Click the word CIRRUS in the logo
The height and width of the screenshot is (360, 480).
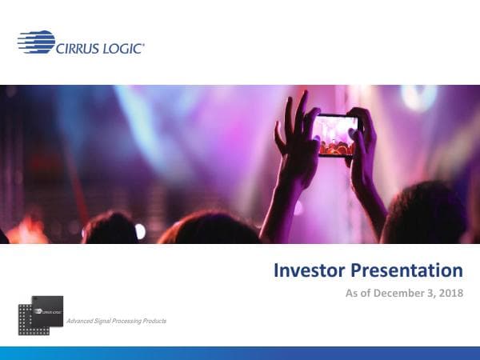[80, 49]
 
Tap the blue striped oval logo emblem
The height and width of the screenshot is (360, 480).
[35, 42]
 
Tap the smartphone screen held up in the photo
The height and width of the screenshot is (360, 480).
[338, 134]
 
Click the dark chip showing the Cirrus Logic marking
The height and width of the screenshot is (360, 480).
[47, 308]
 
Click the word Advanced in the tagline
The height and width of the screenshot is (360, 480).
[82, 321]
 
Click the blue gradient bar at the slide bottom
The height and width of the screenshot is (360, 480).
[240, 353]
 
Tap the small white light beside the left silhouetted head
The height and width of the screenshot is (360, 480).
[141, 230]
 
